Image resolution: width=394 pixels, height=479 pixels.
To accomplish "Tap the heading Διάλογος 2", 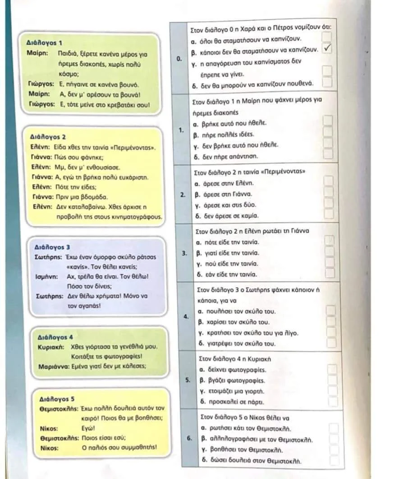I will [48, 136].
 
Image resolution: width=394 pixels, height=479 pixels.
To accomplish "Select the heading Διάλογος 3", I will [52, 247].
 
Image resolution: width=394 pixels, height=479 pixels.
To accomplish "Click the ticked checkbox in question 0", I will [328, 49].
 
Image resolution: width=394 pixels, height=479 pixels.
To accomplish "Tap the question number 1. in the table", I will [181, 130].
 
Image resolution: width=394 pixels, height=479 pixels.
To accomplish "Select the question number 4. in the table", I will [186, 316].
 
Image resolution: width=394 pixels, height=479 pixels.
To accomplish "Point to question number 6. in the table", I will [189, 438].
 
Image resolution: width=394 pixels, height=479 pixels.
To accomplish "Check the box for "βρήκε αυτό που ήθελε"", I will [329, 121].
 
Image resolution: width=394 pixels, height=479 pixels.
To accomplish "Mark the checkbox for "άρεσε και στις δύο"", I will [329, 205].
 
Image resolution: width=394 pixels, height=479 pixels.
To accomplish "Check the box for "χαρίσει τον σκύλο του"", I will [331, 321].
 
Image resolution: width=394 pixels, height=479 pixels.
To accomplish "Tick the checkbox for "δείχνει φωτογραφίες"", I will [332, 370].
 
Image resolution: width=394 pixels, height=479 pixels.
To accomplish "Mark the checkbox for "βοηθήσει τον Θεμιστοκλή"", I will [334, 450].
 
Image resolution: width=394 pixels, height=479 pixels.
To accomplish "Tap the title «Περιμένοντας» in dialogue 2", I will [138, 148].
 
